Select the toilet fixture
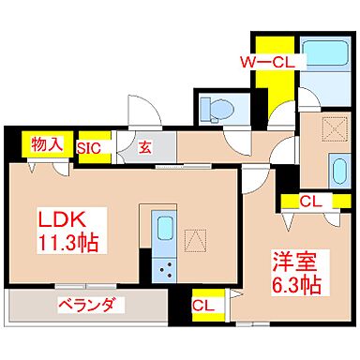[214, 109]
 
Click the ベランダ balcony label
[84, 305]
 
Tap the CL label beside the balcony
[202, 305]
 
